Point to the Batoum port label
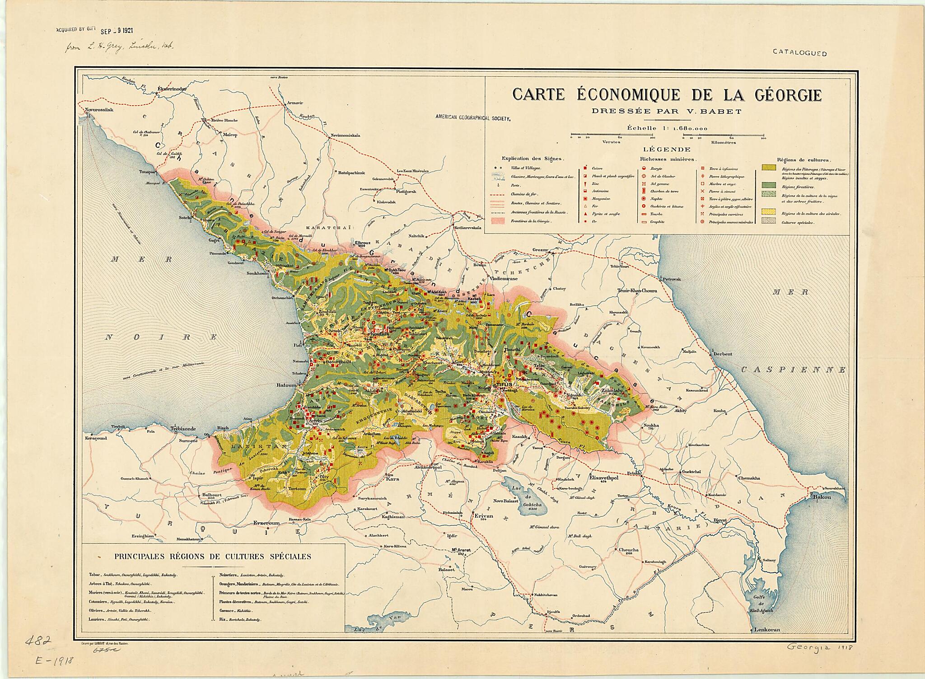click(286, 385)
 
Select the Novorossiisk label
click(98, 110)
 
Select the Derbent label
click(720, 354)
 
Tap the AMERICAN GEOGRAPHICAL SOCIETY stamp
click(472, 117)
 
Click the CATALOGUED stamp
click(799, 53)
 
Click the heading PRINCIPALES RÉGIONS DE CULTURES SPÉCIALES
click(213, 557)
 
